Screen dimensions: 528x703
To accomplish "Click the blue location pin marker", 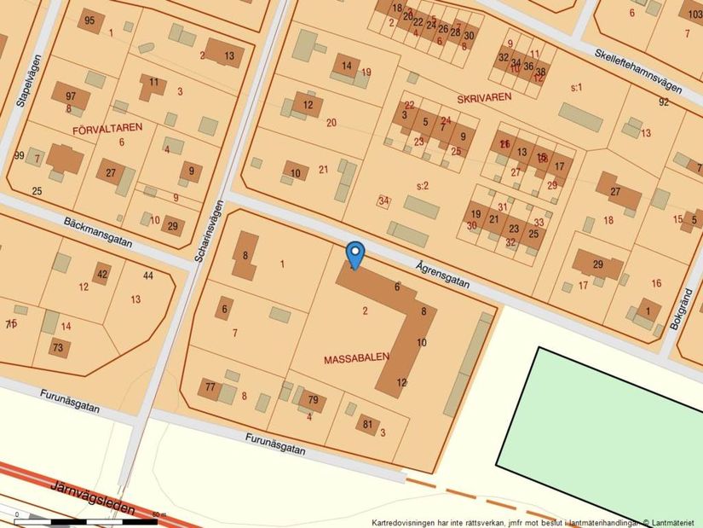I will [x=355, y=253].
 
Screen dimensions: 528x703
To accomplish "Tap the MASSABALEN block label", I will [x=356, y=360].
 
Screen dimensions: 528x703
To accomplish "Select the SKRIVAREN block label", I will [x=484, y=97].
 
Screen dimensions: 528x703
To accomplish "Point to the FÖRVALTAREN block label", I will [x=108, y=127].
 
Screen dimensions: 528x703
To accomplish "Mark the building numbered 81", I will [x=367, y=424].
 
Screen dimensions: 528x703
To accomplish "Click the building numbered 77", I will [x=210, y=387].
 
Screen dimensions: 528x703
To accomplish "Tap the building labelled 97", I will [x=71, y=96].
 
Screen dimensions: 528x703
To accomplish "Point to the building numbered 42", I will [x=102, y=274].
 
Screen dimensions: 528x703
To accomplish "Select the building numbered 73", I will [x=58, y=347].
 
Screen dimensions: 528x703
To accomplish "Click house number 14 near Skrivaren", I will [x=346, y=65].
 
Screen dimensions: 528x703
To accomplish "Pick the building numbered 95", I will [x=89, y=20].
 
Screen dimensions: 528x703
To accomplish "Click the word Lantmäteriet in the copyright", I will [x=675, y=521].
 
